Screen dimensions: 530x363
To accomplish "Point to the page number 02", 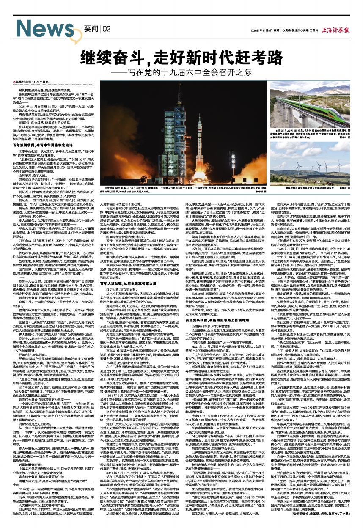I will pyautogui.click(x=106, y=29).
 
